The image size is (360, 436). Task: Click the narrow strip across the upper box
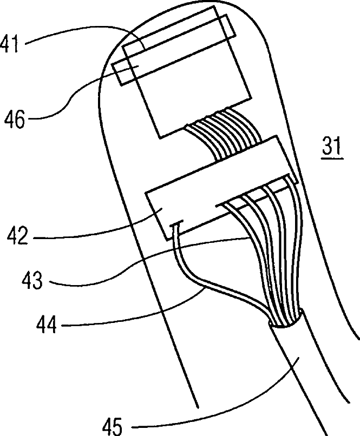click(173, 51)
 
